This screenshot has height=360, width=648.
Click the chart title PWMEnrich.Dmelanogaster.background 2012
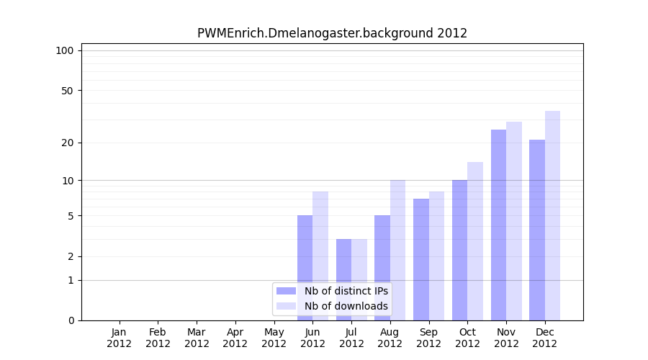click(x=332, y=33)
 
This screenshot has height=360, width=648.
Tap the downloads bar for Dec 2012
click(x=552, y=216)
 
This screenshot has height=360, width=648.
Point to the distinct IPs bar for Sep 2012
click(x=421, y=259)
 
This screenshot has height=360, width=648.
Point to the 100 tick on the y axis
click(x=65, y=50)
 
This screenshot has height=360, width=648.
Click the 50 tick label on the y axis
click(x=68, y=91)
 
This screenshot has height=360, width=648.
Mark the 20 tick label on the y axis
click(x=68, y=143)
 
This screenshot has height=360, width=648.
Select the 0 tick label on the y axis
click(x=71, y=320)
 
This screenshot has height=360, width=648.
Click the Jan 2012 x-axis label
click(x=119, y=338)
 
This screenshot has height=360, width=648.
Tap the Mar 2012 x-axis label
click(x=197, y=338)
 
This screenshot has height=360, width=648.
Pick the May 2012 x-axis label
click(x=274, y=338)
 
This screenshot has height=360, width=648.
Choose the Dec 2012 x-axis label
click(x=544, y=338)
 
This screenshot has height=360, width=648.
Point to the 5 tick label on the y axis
click(x=71, y=216)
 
